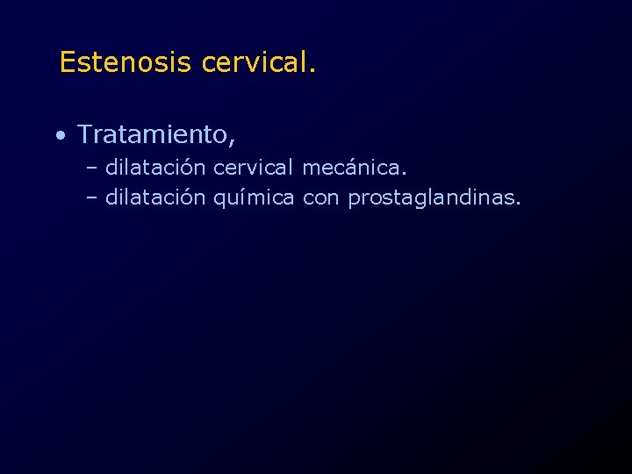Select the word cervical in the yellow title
tap(254, 62)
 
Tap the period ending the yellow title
tap(312, 70)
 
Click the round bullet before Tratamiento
tap(58, 136)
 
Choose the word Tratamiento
tap(153, 134)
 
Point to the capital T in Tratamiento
tap(85, 134)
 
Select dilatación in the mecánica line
tap(155, 166)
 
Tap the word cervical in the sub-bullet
tap(254, 166)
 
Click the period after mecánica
tap(406, 172)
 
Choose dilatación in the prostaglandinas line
tap(155, 198)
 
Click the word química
tap(254, 199)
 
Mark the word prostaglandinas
tap(431, 199)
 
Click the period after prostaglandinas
tap(518, 205)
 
